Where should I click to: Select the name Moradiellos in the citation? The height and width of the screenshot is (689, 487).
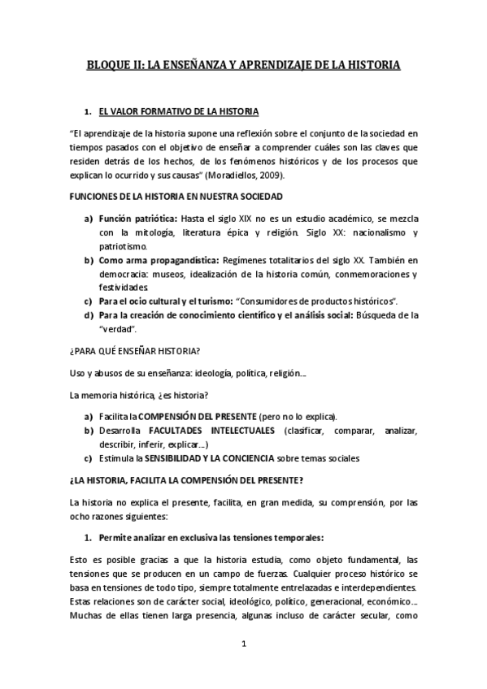click(x=246, y=175)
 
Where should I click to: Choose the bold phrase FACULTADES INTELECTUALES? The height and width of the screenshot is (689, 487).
click(x=210, y=430)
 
